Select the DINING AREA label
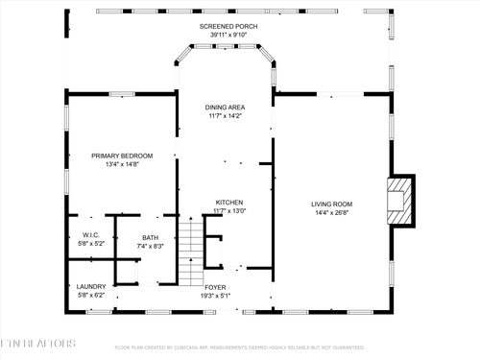(228, 107)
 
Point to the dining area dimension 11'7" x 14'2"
(228, 116)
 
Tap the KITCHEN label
(229, 202)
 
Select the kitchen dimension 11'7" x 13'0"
(229, 211)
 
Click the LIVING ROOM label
(331, 203)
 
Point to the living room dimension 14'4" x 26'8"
(331, 212)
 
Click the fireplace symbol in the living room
(399, 202)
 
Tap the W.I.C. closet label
(91, 234)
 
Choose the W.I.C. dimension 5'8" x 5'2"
(91, 244)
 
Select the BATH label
(151, 237)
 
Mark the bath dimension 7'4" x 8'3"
(151, 247)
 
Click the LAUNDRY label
(91, 286)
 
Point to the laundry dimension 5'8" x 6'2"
(91, 296)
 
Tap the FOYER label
(216, 286)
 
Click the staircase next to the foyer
(192, 251)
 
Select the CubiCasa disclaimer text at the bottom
(240, 348)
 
